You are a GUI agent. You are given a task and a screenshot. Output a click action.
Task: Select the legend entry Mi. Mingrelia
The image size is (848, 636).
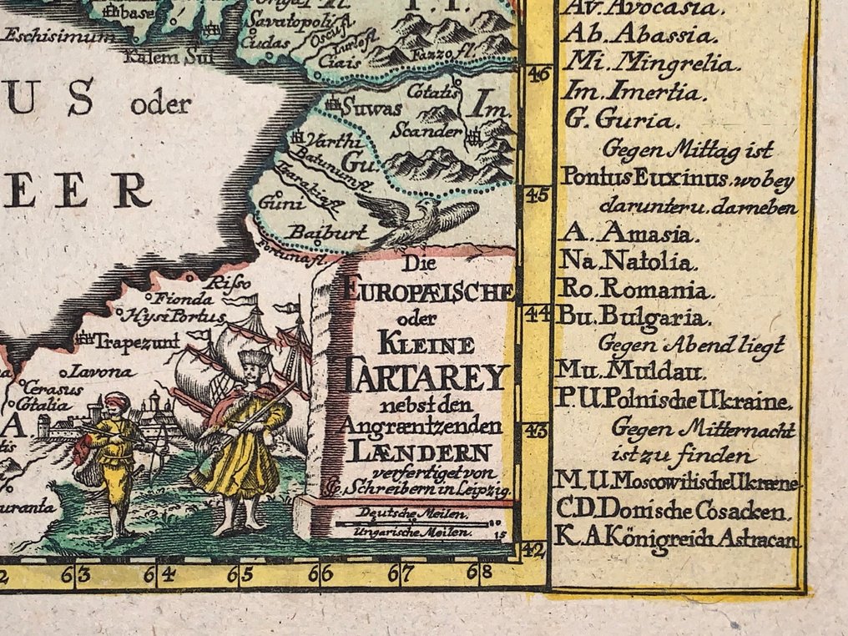(648, 63)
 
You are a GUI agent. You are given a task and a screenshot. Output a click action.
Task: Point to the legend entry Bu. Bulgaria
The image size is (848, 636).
(638, 318)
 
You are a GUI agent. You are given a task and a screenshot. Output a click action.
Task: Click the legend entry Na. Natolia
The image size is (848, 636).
(627, 263)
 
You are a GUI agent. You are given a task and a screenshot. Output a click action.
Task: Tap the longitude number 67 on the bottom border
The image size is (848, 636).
(406, 574)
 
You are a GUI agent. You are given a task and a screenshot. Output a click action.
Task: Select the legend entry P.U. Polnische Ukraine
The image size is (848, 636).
(673, 401)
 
